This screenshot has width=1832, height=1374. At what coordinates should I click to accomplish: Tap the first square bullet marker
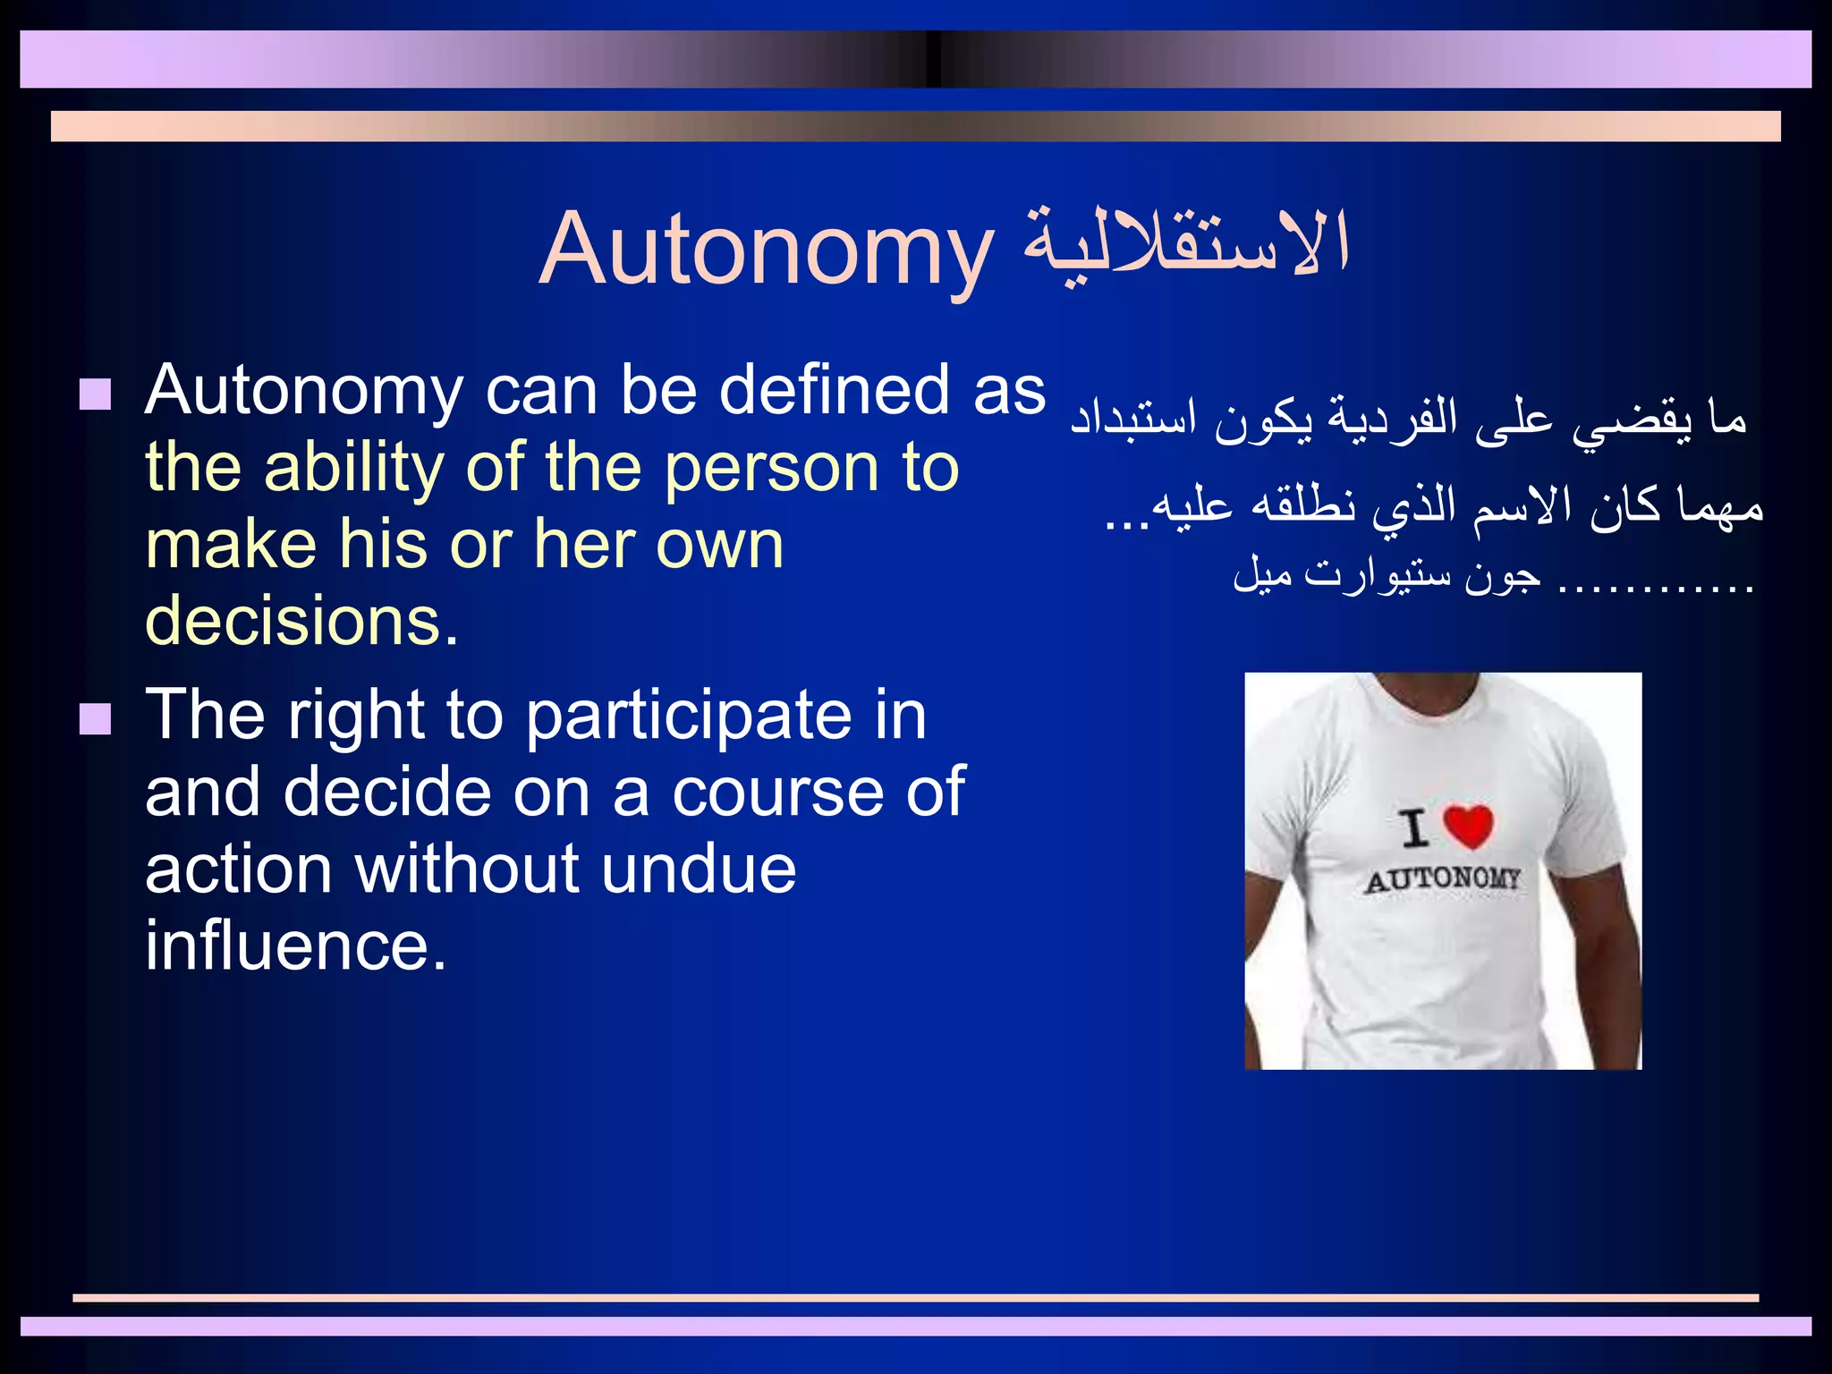pyautogui.click(x=95, y=394)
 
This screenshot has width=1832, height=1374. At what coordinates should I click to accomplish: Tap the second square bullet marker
pyautogui.click(x=95, y=718)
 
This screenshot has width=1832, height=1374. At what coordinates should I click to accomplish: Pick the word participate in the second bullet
pyautogui.click(x=689, y=717)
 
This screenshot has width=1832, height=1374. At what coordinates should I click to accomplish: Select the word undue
pyautogui.click(x=698, y=869)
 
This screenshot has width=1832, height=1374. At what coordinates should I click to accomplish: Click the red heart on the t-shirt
pyautogui.click(x=1469, y=826)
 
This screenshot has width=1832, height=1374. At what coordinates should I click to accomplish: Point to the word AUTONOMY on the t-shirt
pyautogui.click(x=1442, y=879)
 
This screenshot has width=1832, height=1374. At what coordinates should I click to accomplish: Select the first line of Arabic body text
pyautogui.click(x=1408, y=419)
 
